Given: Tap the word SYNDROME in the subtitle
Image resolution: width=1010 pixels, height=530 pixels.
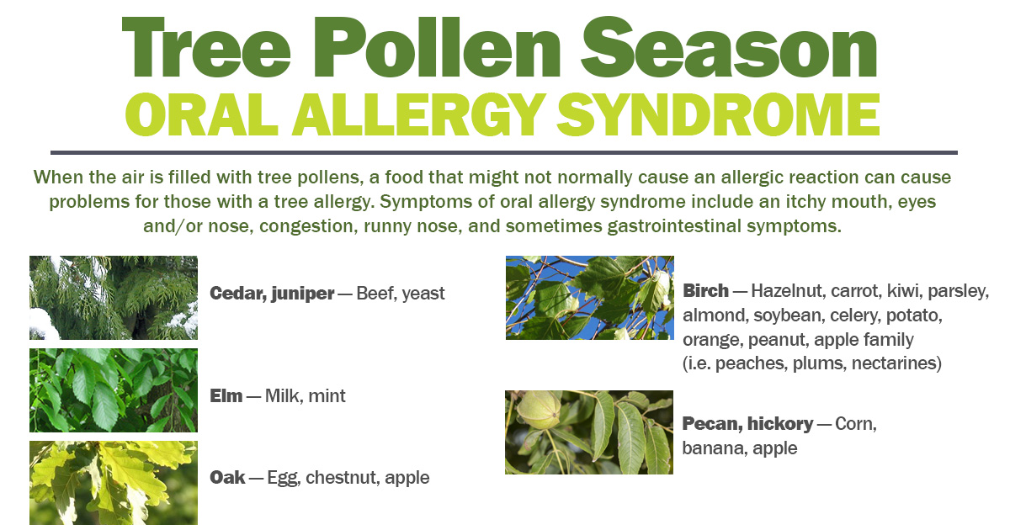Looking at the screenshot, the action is (x=718, y=115).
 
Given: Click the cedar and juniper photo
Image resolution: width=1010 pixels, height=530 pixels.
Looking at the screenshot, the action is (x=114, y=298).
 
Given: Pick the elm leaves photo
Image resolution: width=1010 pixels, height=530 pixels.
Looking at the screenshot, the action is (x=114, y=390).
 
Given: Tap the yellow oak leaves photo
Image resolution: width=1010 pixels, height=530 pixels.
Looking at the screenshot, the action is (x=114, y=483).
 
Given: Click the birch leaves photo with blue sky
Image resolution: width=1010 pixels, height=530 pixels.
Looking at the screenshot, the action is (x=590, y=298).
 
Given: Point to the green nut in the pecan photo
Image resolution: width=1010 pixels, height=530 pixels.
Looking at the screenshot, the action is (x=539, y=410).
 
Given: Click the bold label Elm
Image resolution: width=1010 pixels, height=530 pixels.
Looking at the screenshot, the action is (x=226, y=395).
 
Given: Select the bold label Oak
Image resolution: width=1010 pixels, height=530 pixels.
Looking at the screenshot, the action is (x=228, y=477).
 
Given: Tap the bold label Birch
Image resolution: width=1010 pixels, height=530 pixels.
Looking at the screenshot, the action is (x=705, y=291).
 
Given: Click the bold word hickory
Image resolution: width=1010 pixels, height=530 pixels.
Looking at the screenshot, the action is (x=780, y=424).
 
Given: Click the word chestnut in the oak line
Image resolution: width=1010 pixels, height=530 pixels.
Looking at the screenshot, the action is (x=343, y=477).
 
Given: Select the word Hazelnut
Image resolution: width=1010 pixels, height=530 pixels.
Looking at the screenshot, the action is (x=788, y=291).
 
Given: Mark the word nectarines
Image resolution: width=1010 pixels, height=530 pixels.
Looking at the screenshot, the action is (x=896, y=363).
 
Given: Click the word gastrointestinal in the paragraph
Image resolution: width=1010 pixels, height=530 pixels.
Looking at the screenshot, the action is (x=674, y=225).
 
